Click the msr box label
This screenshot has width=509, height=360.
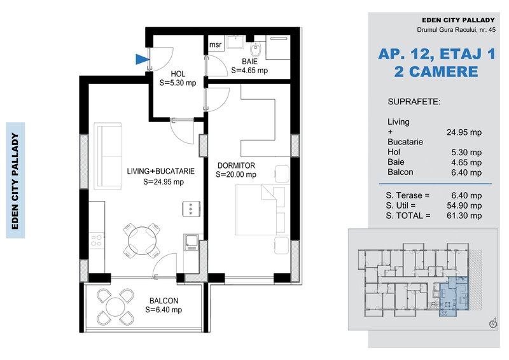pyautogui.click(x=215, y=45)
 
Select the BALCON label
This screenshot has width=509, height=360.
pyautogui.click(x=164, y=301)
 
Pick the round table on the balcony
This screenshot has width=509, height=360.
pyautogui.click(x=115, y=307)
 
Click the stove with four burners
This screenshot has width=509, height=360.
pyautogui.click(x=97, y=241)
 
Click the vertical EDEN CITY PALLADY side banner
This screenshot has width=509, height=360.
pyautogui.click(x=15, y=180)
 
